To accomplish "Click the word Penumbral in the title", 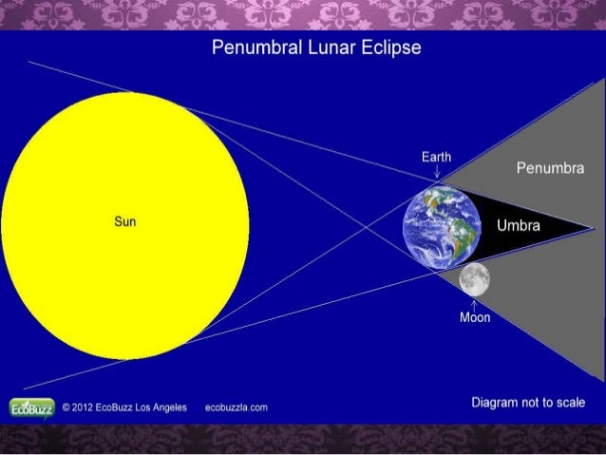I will click(252, 47).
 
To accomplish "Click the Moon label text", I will click(475, 317).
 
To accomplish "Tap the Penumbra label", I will click(550, 169).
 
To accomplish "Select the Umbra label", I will click(518, 226).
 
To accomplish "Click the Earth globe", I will click(439, 226).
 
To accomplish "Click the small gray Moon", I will click(474, 278).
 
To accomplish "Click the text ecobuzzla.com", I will click(236, 408).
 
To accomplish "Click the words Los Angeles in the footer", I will click(159, 408).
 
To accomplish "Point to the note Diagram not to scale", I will click(528, 403).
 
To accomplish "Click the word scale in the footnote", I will click(567, 403).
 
